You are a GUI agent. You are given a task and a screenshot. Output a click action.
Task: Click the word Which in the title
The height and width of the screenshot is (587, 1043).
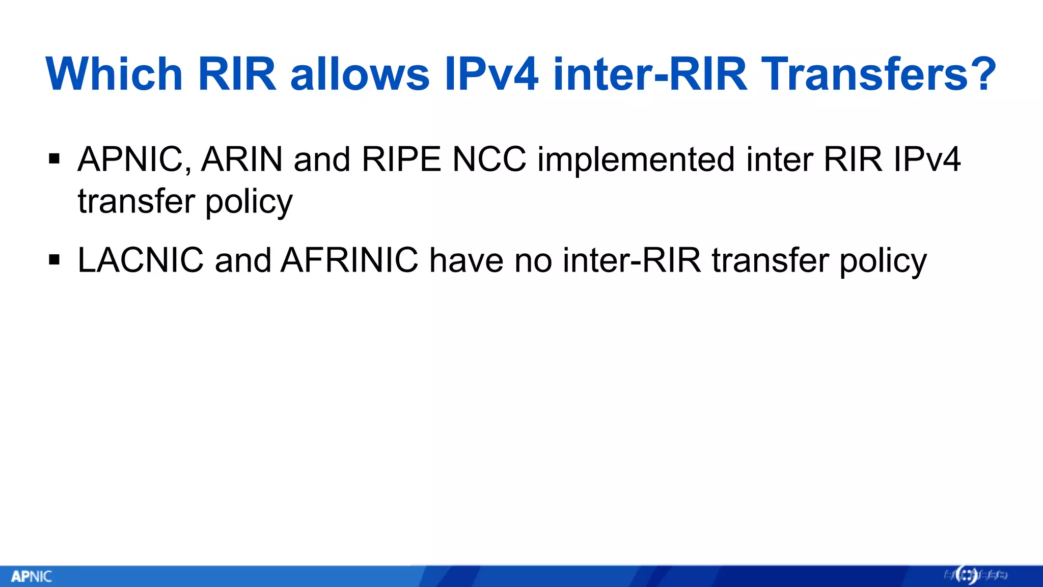114,74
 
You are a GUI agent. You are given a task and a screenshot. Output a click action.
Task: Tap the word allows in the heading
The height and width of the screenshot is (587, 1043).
360,74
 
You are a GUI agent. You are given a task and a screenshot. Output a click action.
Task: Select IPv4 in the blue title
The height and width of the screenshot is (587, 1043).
491,74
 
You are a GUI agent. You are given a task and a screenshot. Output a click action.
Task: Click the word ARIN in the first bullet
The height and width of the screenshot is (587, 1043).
242,159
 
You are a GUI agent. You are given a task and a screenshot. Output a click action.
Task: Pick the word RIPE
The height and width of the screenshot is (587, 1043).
401,159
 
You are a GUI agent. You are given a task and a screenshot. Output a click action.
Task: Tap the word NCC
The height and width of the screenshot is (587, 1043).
489,159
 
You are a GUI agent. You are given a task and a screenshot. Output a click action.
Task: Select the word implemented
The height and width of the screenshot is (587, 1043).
636,159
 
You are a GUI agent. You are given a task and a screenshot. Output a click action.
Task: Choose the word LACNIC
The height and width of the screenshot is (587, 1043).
141,260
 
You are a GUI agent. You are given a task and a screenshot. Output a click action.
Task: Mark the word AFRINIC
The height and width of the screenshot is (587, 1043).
349,260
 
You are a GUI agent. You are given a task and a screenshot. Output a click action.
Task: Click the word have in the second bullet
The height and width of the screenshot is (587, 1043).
466,260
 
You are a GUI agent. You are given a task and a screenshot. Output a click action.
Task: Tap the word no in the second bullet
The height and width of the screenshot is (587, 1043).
533,260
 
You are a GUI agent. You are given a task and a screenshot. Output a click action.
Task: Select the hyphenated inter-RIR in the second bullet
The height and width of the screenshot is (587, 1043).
632,260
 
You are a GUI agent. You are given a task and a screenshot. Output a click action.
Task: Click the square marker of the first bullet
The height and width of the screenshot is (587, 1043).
54,159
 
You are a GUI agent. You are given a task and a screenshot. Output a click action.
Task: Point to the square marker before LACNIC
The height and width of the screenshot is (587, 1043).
54,260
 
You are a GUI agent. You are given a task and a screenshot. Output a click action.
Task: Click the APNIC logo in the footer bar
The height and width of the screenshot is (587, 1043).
32,577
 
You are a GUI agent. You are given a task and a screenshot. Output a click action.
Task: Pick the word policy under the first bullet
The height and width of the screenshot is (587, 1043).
249,202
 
